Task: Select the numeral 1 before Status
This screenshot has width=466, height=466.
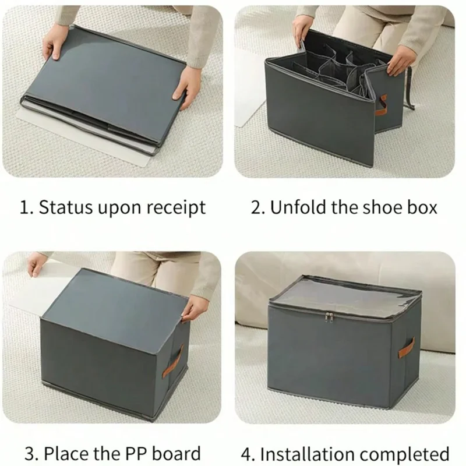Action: (23, 208)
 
